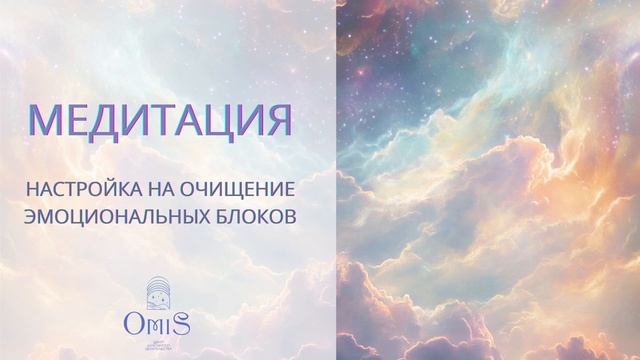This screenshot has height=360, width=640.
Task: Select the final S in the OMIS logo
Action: click(186, 321)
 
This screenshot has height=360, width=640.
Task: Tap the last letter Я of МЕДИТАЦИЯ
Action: click(279, 121)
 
